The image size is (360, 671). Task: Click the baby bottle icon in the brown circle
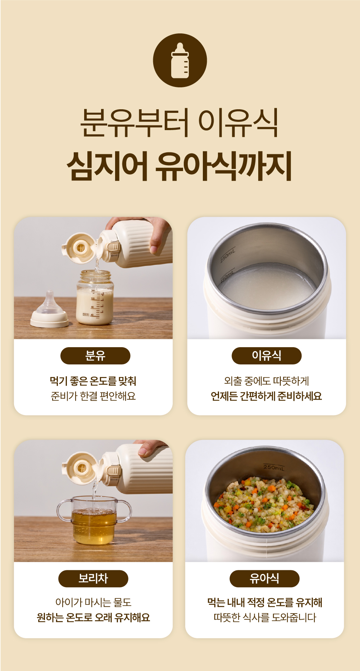[180, 60]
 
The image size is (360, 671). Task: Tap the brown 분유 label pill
[95, 356]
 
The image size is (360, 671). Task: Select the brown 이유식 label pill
[266, 356]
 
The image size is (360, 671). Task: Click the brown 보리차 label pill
[93, 579]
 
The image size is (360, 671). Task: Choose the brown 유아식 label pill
[264, 579]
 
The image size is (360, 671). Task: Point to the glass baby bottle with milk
[95, 297]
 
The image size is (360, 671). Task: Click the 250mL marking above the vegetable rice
[274, 467]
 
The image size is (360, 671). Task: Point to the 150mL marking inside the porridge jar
[227, 276]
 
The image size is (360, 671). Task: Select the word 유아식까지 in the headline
[224, 166]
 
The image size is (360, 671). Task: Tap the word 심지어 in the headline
[107, 166]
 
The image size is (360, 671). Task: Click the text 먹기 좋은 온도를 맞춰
[93, 381]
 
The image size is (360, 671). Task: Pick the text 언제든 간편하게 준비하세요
[266, 396]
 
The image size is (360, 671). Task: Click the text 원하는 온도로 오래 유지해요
[93, 617]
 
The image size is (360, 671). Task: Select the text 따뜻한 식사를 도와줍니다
[265, 617]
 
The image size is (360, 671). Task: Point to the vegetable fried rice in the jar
[264, 502]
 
